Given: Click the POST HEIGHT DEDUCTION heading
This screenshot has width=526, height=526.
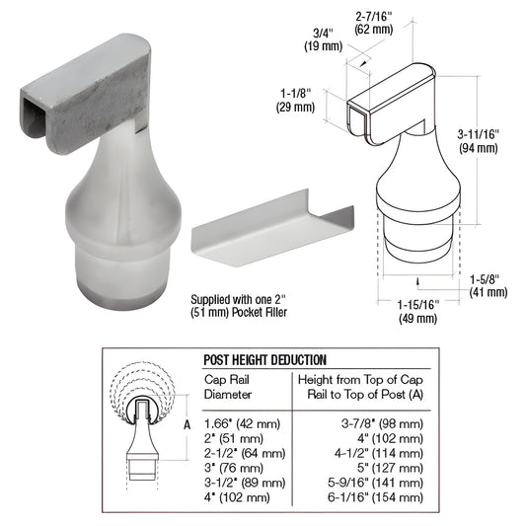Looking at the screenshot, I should pyautogui.click(x=264, y=361).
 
